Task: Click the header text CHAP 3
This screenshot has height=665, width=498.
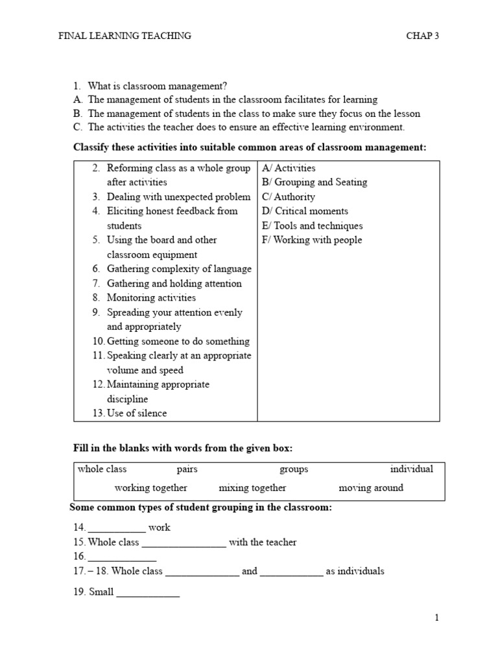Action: (x=422, y=36)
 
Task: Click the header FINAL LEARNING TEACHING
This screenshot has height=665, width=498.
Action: (x=125, y=36)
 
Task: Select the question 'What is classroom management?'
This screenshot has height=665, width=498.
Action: (x=158, y=86)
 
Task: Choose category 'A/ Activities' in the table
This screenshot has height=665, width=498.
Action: (x=289, y=168)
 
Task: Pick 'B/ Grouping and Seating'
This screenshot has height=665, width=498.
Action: (x=314, y=182)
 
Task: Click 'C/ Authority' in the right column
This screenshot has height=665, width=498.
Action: (x=289, y=197)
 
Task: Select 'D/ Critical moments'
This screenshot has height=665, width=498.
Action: (x=305, y=211)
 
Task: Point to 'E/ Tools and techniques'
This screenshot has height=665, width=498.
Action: (x=313, y=226)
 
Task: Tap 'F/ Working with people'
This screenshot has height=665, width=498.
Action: (x=312, y=240)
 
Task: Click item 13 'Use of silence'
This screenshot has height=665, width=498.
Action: (x=136, y=413)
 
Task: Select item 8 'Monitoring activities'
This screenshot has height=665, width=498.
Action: (x=151, y=298)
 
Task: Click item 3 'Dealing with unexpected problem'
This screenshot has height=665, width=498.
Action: (x=178, y=197)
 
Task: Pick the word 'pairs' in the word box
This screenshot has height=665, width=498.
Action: (x=187, y=469)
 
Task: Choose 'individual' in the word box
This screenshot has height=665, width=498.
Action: (x=412, y=469)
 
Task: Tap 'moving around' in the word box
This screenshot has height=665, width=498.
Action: (x=371, y=488)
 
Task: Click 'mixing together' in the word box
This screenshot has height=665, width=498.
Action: (x=252, y=488)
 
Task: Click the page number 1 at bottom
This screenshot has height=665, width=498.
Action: (x=437, y=618)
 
